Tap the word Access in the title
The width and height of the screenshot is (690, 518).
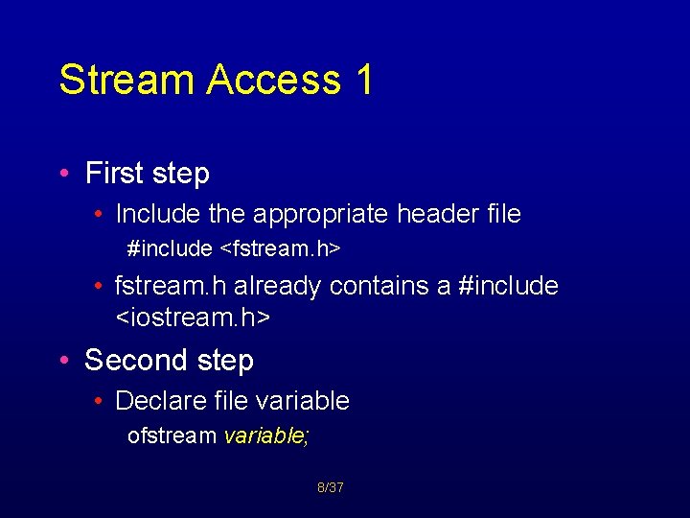point(273,80)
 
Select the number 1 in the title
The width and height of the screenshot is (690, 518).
point(364,80)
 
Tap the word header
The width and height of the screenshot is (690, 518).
point(436,213)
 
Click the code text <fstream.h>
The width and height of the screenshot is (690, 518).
point(281,249)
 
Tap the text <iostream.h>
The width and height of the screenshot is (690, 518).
point(193,317)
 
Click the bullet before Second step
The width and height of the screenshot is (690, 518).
point(63,362)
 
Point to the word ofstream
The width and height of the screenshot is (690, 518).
point(172,436)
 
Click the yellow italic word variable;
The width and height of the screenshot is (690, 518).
point(266,436)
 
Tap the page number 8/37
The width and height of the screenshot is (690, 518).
point(331,488)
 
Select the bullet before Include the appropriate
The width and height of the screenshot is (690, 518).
point(100,214)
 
